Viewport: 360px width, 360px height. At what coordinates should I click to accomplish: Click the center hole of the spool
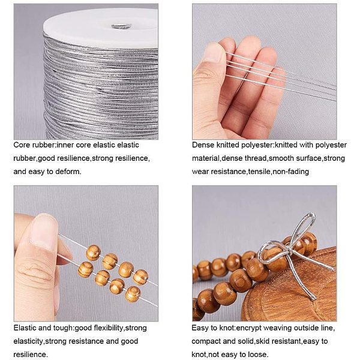click(x=121, y=26)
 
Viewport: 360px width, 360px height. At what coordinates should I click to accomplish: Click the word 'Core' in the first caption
click(x=22, y=145)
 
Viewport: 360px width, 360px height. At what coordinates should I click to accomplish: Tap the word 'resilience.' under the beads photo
click(x=31, y=354)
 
